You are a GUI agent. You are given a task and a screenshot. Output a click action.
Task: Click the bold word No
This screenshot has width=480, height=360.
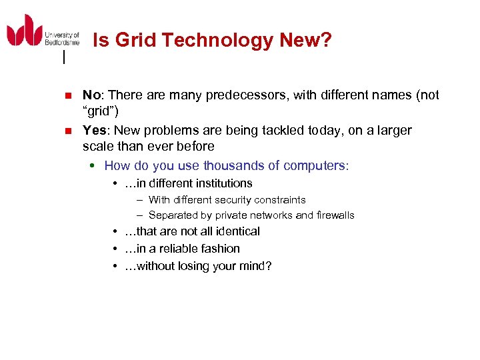91,95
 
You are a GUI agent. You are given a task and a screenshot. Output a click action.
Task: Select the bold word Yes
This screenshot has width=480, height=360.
94,130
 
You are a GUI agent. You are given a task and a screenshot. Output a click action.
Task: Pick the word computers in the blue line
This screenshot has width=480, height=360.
316,165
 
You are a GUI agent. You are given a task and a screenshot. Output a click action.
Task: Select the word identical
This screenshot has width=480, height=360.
237,231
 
